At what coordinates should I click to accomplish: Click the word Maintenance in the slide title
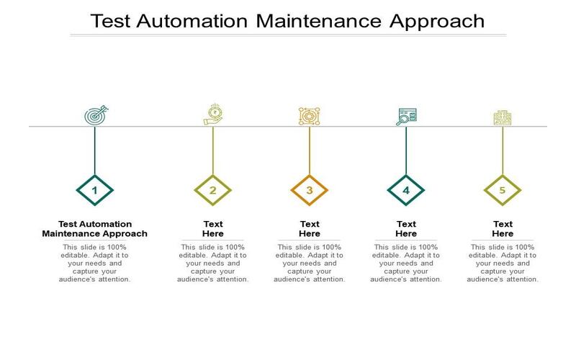pyautogui.click(x=318, y=21)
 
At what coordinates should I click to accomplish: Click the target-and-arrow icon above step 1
pyautogui.click(x=96, y=115)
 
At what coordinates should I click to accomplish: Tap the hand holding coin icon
pyautogui.click(x=213, y=114)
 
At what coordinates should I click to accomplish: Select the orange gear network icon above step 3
pyautogui.click(x=310, y=116)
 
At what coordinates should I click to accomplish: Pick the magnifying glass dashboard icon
pyautogui.click(x=406, y=117)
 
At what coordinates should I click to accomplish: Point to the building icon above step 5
pyautogui.click(x=503, y=117)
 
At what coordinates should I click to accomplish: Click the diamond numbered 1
pyautogui.click(x=95, y=190)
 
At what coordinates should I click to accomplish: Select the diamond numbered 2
pyautogui.click(x=212, y=190)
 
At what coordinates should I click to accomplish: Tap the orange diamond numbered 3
pyautogui.click(x=310, y=190)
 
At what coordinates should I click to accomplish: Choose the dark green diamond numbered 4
pyautogui.click(x=406, y=190)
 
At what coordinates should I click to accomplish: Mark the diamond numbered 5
pyautogui.click(x=503, y=190)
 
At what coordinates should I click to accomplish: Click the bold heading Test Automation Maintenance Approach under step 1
pyautogui.click(x=95, y=229)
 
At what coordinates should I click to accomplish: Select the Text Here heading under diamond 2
pyautogui.click(x=213, y=229)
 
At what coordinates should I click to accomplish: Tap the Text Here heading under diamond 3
pyautogui.click(x=310, y=229)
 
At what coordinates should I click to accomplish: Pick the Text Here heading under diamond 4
pyautogui.click(x=406, y=229)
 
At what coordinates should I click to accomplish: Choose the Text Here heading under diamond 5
pyautogui.click(x=503, y=229)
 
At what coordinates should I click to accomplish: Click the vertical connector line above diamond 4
pyautogui.click(x=406, y=150)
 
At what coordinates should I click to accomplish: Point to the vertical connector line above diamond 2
pyautogui.click(x=212, y=150)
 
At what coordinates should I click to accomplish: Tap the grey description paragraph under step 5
pyautogui.click(x=503, y=263)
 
